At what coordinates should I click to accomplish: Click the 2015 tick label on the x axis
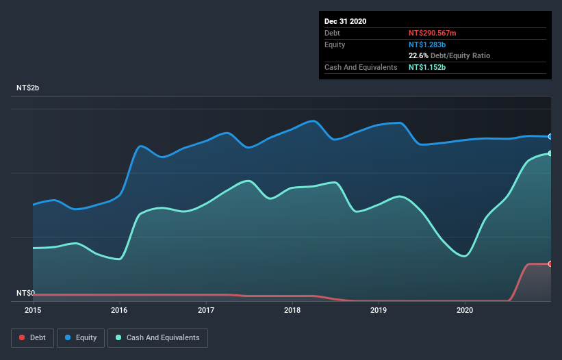coord(33,310)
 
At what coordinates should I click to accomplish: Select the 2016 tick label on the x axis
coord(119,310)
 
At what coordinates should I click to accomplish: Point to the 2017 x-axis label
coord(205,310)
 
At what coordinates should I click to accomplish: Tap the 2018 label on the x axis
coord(292,310)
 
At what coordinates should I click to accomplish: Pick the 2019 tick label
coord(379,310)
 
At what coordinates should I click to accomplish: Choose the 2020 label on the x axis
coord(465,310)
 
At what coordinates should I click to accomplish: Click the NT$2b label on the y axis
coord(28,88)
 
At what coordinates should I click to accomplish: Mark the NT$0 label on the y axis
coord(25,293)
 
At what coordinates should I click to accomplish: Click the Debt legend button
coord(32,337)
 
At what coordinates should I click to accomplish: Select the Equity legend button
coord(81,337)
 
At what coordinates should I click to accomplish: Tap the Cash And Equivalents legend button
coord(157,337)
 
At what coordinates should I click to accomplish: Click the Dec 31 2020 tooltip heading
coord(345,21)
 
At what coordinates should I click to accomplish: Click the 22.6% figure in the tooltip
coord(419,55)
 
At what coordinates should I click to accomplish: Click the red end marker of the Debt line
coord(550,263)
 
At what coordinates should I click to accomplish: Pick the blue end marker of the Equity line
coord(550,137)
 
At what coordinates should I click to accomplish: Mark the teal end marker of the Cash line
coord(550,153)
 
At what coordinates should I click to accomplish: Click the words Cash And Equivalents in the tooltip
coord(361,67)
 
